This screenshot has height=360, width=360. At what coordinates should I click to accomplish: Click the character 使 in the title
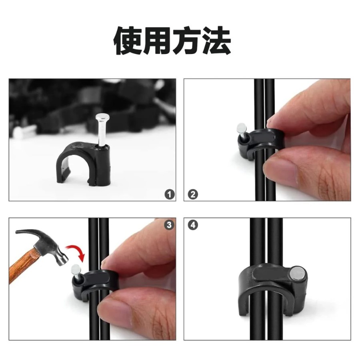tap(128, 41)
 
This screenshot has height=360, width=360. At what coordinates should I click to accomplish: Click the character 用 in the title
tap(158, 41)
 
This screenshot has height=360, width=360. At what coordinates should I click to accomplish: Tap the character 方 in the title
tap(187, 41)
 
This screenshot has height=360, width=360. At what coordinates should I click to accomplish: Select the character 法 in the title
tap(217, 41)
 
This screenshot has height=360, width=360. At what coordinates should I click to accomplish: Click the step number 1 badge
tap(170, 194)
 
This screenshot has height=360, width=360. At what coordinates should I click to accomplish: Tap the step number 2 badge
tap(193, 194)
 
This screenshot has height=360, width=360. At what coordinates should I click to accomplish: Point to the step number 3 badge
tap(169, 225)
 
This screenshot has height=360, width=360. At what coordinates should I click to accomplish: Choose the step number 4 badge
tap(193, 225)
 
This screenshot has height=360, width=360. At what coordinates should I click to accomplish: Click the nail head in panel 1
tap(100, 117)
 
